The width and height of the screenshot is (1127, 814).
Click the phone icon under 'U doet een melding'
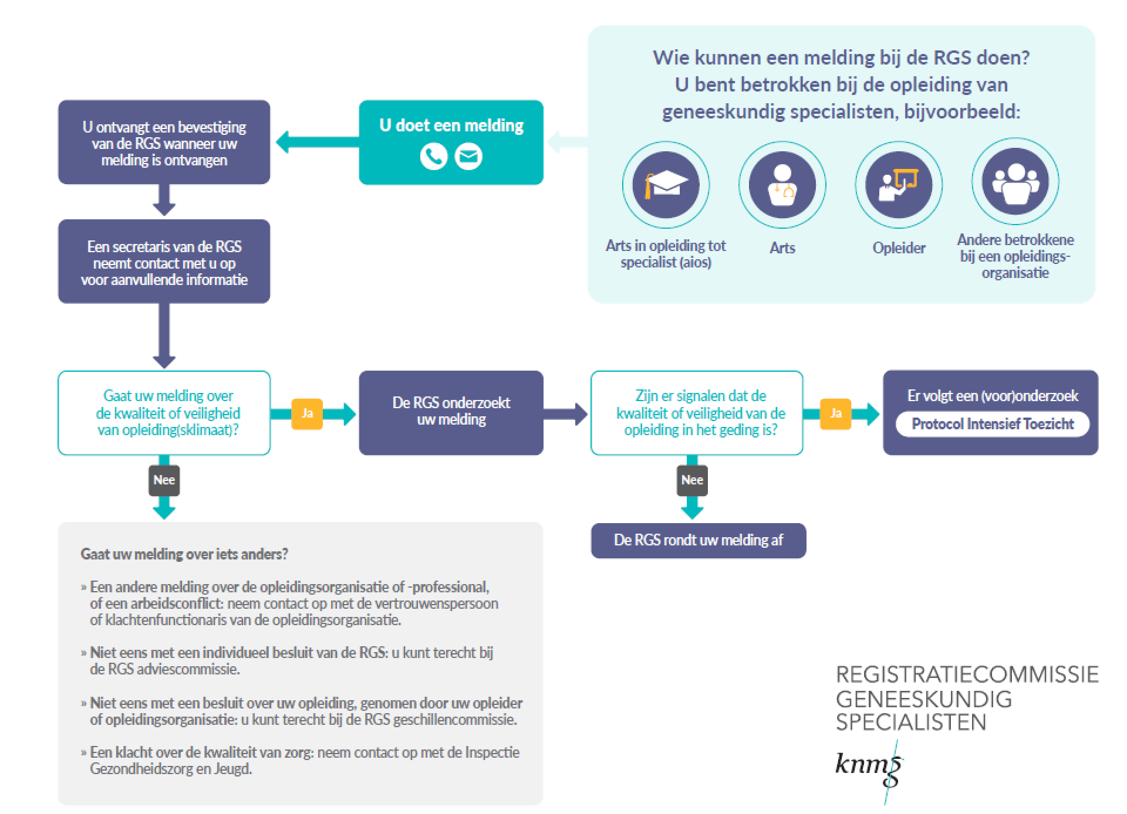[x=434, y=157]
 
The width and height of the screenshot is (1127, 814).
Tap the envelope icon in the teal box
[x=468, y=157]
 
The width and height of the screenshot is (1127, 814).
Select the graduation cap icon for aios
[x=666, y=185]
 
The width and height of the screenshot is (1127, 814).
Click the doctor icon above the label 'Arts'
[x=782, y=185]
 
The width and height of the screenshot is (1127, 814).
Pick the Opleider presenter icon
[x=899, y=185]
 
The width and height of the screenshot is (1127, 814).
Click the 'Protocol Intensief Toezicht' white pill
[x=993, y=424]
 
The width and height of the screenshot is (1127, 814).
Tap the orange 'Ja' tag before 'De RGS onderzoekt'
[x=307, y=413]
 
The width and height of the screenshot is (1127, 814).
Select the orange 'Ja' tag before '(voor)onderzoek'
[x=835, y=413]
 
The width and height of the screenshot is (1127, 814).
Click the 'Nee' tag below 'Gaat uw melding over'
[x=164, y=480]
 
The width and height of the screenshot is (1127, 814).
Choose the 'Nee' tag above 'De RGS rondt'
[x=692, y=480]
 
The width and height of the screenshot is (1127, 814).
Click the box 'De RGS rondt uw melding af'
[x=699, y=540]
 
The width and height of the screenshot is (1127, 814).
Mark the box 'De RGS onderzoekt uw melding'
[x=451, y=413]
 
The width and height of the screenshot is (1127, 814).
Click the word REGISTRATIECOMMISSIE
[x=967, y=675]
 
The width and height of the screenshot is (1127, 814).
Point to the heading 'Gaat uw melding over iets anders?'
[x=184, y=554]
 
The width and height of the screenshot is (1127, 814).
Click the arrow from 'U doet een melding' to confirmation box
[x=318, y=143]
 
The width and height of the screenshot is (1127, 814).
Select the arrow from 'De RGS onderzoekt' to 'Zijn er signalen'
[x=565, y=413]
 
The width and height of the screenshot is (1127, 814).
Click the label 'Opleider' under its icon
[x=899, y=248]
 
